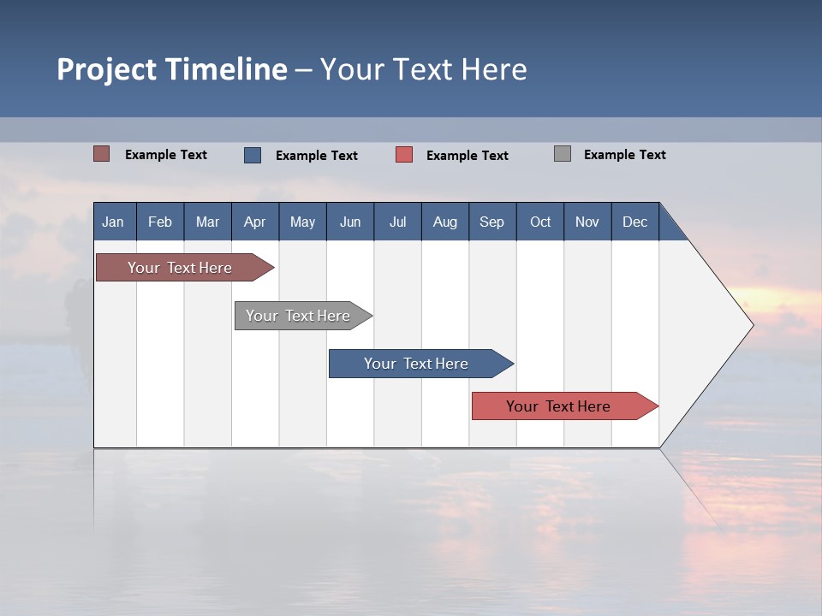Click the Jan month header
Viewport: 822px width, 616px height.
(113, 222)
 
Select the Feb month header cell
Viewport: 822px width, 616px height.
(160, 222)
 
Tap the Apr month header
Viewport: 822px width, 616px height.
(254, 222)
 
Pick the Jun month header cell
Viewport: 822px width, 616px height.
(350, 222)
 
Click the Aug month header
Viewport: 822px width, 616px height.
(445, 222)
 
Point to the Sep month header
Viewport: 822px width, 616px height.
(492, 222)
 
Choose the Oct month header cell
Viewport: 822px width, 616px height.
(540, 222)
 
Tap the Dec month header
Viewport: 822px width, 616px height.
(635, 222)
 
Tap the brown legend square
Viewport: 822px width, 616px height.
(102, 154)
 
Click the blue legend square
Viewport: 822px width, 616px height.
(253, 155)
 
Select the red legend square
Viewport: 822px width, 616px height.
(404, 155)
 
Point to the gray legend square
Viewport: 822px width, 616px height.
(563, 154)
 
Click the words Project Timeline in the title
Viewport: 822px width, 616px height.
(171, 69)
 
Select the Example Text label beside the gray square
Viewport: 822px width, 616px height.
(625, 155)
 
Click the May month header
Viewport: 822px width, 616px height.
(302, 222)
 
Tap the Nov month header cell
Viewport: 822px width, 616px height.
(587, 222)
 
